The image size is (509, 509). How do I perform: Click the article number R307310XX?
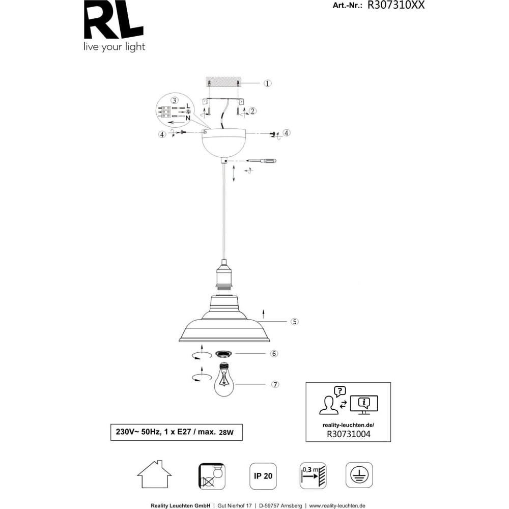point(395,5)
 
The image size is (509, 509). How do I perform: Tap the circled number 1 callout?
point(267,83)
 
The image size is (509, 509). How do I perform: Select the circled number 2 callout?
point(252,111)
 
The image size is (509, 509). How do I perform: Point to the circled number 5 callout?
point(294,322)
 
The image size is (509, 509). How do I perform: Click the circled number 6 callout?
point(274,354)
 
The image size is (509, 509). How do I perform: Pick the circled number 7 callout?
point(275,384)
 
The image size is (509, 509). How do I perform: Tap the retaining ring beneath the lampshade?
point(224,354)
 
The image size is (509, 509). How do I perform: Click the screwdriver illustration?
point(261,161)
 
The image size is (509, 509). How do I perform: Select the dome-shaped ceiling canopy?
point(223,143)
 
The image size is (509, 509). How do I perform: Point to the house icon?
point(154,474)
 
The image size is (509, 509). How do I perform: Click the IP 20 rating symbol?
point(263,476)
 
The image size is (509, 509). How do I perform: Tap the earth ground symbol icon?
point(359,475)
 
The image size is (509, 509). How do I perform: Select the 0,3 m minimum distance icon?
point(313,476)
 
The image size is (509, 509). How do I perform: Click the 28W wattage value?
point(227,432)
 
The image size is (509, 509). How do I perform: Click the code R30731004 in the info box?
point(348,434)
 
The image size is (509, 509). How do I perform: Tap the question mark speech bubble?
point(340,391)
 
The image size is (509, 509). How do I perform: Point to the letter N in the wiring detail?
point(188,118)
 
